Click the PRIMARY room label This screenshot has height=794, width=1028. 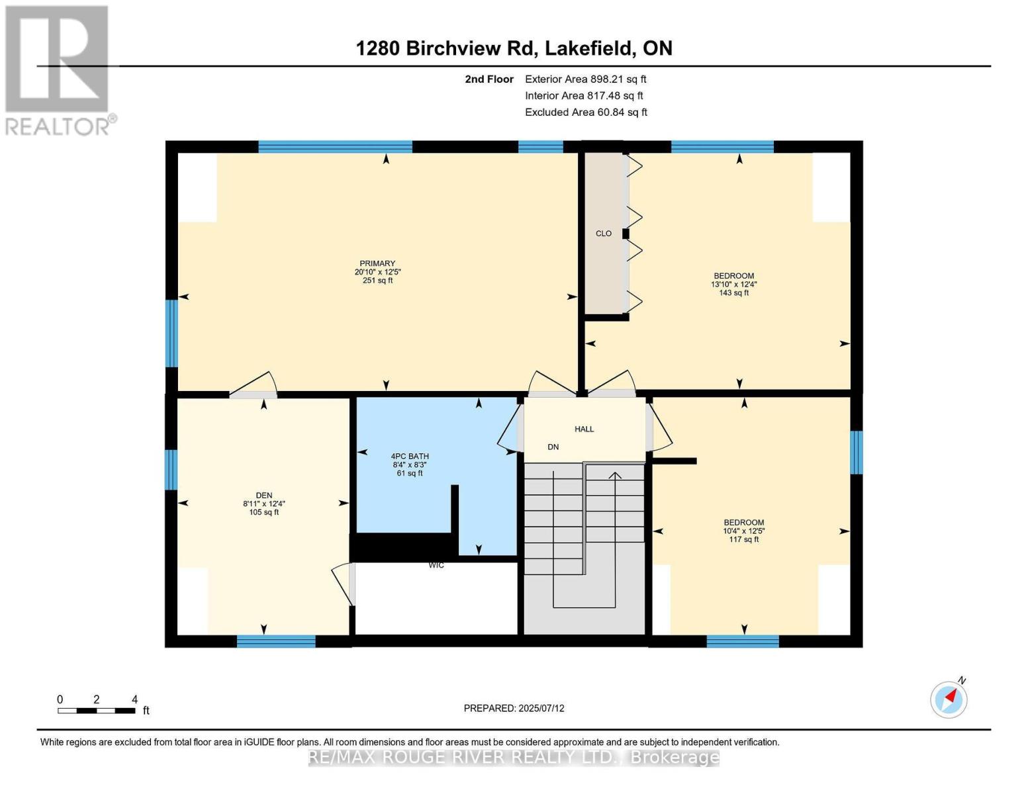(x=377, y=263)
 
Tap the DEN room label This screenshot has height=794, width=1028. (x=264, y=495)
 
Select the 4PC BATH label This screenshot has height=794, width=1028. (x=410, y=456)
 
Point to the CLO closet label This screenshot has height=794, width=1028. (x=604, y=234)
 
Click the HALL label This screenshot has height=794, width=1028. (x=584, y=429)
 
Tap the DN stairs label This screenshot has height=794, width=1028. (x=553, y=447)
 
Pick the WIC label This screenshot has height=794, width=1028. (x=436, y=565)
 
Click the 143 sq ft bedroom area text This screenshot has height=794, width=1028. (x=733, y=292)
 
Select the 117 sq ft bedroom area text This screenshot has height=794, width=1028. (x=744, y=539)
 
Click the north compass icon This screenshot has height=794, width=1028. (x=949, y=699)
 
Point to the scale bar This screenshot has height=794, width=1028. (x=97, y=711)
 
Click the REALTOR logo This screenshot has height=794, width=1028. (x=58, y=69)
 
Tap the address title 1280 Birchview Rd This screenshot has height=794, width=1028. (x=514, y=48)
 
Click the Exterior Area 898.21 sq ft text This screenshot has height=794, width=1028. (x=585, y=79)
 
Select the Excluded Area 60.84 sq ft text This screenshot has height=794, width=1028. (x=586, y=112)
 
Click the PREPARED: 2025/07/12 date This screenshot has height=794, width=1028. (x=514, y=708)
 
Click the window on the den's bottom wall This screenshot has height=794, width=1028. (x=276, y=640)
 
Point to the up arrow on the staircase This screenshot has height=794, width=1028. (x=616, y=475)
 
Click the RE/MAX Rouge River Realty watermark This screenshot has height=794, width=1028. (x=514, y=757)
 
